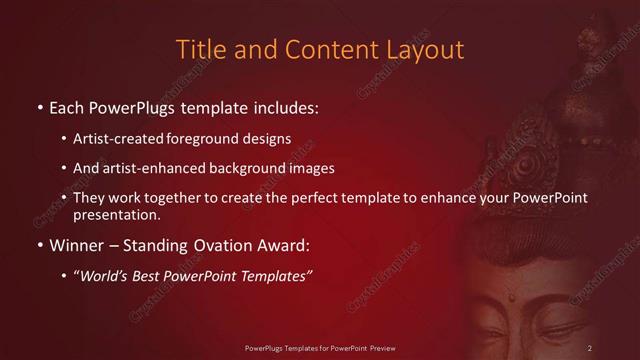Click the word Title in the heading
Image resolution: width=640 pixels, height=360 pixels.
[200, 49]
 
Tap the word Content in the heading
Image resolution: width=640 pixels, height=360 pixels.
[326, 49]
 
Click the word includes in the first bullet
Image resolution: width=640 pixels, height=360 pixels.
[279, 106]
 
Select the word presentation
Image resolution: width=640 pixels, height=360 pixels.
[117, 214]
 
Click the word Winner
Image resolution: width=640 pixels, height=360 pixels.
[75, 245]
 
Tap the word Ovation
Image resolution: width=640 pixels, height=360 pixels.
[217, 245]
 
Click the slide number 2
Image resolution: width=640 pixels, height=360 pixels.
[590, 348]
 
